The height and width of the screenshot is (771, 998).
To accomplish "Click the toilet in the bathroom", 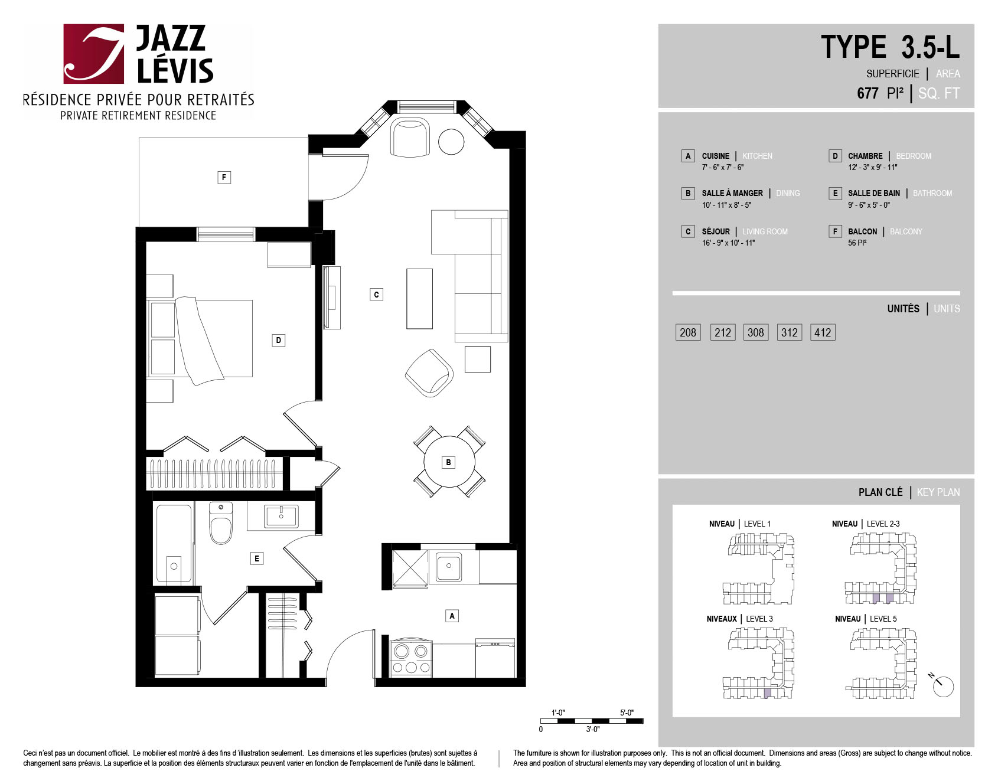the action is [x=221, y=523].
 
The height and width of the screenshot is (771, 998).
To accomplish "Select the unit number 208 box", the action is [x=688, y=332].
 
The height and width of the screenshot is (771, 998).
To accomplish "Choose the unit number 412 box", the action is [x=823, y=332].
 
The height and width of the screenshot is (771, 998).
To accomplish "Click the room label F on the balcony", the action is [x=224, y=177].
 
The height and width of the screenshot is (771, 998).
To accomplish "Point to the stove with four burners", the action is [x=411, y=658].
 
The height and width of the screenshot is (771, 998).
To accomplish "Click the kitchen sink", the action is [x=449, y=567].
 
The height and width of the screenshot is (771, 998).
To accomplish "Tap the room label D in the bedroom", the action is [x=279, y=340].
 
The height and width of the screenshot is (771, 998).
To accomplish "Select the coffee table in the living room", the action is [x=419, y=299].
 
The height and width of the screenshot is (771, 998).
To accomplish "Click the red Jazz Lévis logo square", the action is [x=94, y=54].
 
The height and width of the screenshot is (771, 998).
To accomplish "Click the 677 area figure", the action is [x=867, y=93].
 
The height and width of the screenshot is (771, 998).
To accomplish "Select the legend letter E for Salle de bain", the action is [x=835, y=193].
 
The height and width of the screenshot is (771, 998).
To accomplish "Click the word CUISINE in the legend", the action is [x=716, y=156].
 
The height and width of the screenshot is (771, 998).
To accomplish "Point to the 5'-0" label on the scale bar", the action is [x=627, y=713].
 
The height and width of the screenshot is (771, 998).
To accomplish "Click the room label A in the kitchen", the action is [x=452, y=616].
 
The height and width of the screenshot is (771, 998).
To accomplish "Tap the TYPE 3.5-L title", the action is [x=890, y=47].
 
